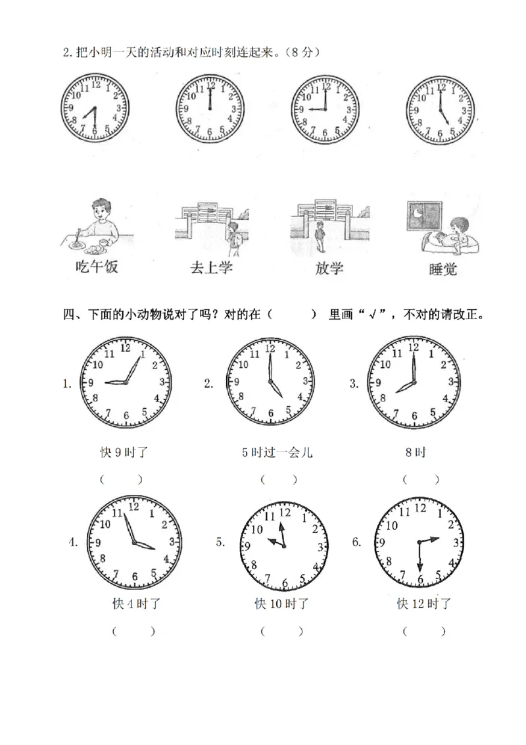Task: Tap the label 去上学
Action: tap(212, 268)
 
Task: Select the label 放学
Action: tap(329, 268)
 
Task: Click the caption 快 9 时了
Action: tap(123, 452)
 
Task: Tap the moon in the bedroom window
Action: tap(419, 213)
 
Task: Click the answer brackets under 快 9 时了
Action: tap(122, 479)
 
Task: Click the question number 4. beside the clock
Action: tap(73, 542)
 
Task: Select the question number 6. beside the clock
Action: tap(357, 542)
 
